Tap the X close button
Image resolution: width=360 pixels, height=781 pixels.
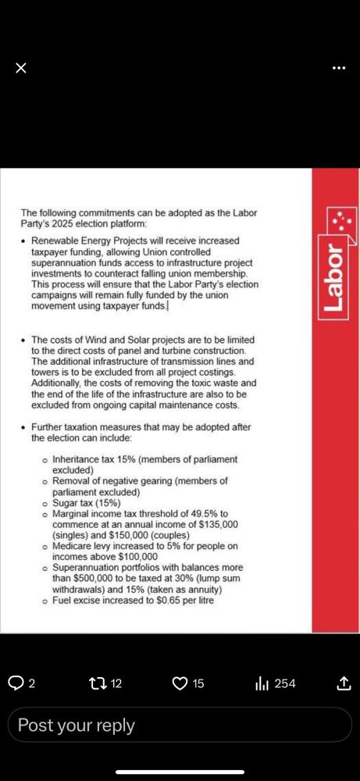tap(21, 68)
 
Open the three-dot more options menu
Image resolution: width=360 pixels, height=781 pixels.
tap(338, 68)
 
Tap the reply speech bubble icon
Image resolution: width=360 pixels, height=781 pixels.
tap(16, 683)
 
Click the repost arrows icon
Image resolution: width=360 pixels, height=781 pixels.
tap(98, 683)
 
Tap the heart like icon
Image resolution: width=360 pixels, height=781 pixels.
tap(180, 683)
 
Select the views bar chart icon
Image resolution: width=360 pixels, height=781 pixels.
tap(262, 683)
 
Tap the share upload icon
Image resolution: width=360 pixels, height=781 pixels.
tap(343, 683)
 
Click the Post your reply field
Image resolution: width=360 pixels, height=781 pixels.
tap(180, 726)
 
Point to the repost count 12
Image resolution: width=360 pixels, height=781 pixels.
tap(116, 683)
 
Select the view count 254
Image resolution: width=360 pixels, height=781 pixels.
tap(285, 683)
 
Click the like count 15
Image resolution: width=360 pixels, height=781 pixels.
tap(198, 683)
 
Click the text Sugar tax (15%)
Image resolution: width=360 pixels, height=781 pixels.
tap(86, 504)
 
